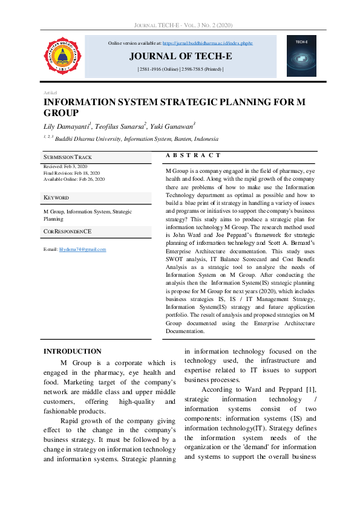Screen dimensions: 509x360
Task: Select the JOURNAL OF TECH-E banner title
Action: tap(180, 57)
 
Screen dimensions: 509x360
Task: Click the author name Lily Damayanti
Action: tap(67, 126)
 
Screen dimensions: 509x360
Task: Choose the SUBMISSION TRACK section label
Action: tap(68, 157)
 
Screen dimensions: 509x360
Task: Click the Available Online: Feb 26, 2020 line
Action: tap(74, 179)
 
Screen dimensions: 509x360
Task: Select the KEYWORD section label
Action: tap(56, 198)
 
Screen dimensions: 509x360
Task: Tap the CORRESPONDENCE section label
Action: tap(68, 232)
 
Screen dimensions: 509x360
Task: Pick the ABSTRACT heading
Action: tap(193, 156)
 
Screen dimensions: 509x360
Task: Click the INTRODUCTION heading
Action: tap(73, 351)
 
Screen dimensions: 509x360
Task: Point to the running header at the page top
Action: tap(180, 25)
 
